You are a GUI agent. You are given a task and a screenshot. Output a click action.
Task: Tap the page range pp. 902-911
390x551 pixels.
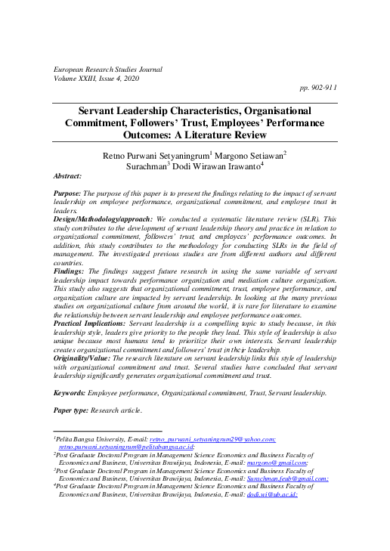point(318,88)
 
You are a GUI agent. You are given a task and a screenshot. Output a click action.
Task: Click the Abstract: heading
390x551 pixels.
point(67,175)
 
